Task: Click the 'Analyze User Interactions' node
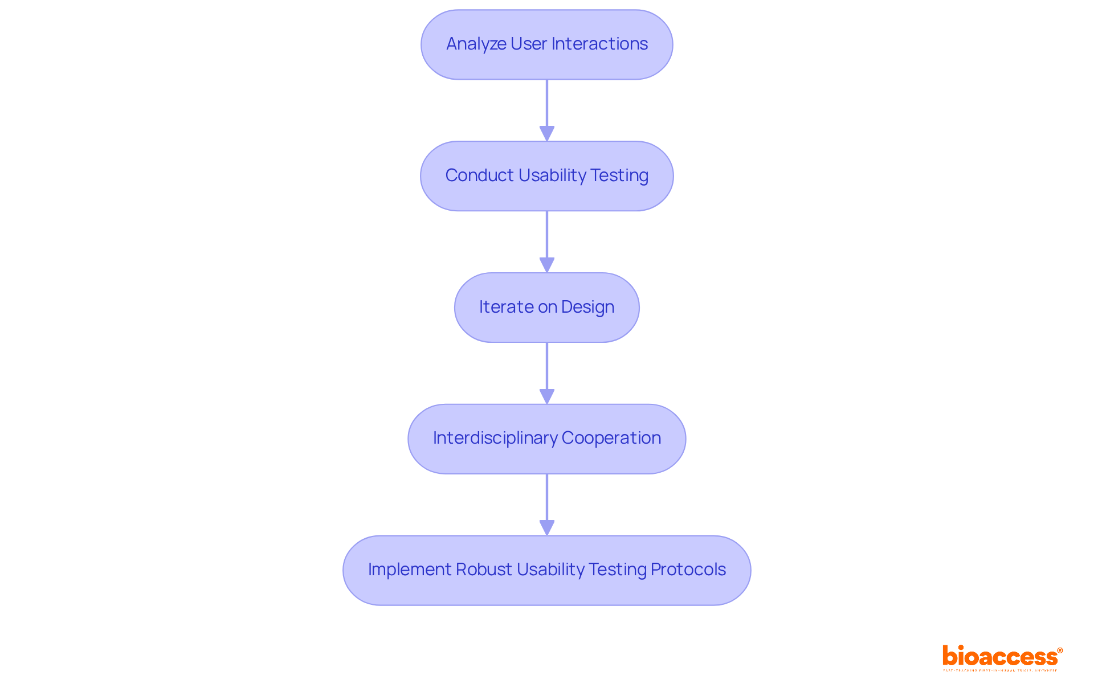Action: tap(546, 44)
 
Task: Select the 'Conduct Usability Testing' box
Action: tap(546, 176)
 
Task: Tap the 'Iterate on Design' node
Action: tap(546, 308)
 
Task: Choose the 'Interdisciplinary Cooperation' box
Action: tap(546, 439)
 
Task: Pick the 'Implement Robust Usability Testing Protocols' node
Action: tap(546, 570)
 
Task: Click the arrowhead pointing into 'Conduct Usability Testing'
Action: tap(546, 133)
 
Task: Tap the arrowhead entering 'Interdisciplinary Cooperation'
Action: tap(546, 396)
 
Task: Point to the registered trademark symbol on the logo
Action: tap(1060, 650)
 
